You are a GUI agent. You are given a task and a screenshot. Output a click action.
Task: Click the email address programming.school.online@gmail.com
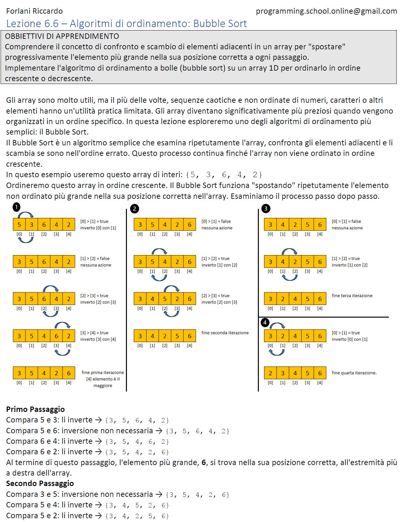click(x=326, y=11)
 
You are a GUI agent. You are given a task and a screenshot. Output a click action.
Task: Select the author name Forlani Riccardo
click(x=34, y=11)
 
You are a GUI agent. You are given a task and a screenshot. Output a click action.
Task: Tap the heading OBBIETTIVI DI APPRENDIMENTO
click(x=62, y=36)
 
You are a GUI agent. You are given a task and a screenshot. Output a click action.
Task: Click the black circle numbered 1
click(x=17, y=207)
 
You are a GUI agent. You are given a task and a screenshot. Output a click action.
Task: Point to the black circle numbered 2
click(x=135, y=209)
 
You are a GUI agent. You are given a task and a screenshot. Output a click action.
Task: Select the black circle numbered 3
click(x=266, y=209)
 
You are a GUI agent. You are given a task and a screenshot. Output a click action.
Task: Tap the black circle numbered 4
click(x=265, y=323)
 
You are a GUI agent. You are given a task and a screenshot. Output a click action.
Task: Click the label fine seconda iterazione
click(x=225, y=333)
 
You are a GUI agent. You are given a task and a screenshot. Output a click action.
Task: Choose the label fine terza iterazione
click(x=352, y=296)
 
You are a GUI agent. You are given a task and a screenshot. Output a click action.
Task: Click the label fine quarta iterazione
click(x=354, y=373)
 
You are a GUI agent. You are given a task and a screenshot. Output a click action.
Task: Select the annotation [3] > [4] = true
click(x=94, y=333)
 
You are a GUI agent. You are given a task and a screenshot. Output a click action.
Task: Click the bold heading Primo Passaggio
click(x=35, y=409)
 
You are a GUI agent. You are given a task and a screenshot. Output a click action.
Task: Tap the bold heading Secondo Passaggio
click(x=40, y=484)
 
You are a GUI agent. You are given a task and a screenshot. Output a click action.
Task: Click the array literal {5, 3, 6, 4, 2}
click(x=224, y=175)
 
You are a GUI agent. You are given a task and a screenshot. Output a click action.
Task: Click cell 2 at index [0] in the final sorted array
click(x=270, y=373)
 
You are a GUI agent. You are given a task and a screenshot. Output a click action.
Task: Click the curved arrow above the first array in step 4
click(x=277, y=325)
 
